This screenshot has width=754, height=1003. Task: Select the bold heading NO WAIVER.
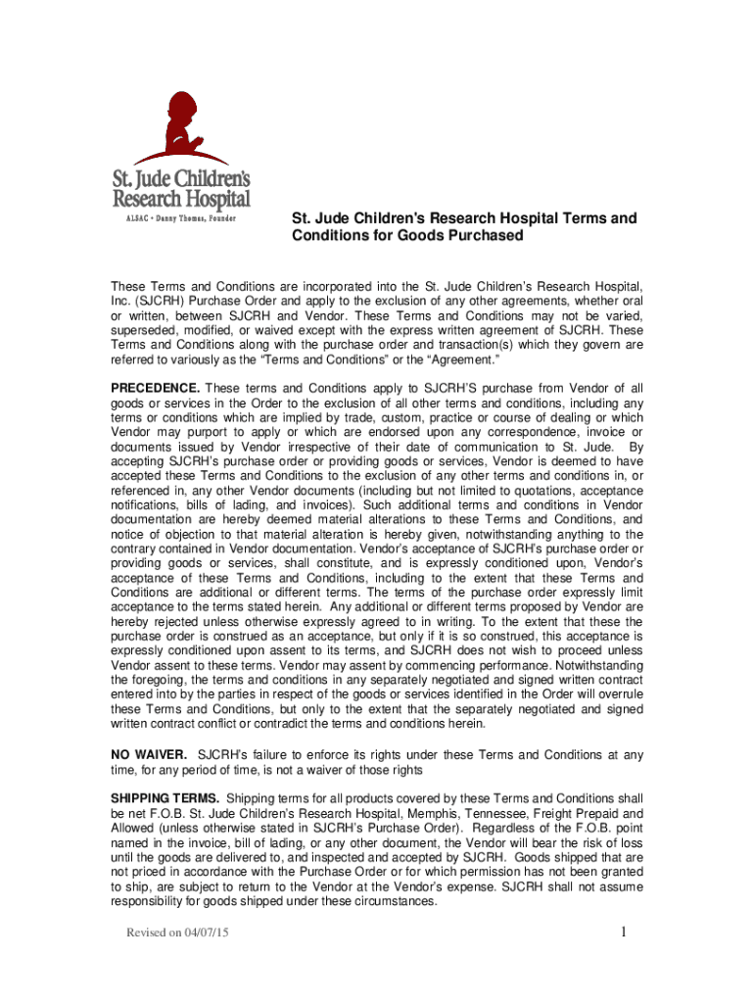coord(148,754)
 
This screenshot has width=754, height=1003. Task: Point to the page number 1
coord(624,932)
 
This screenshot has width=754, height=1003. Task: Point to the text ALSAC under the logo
coord(126,219)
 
